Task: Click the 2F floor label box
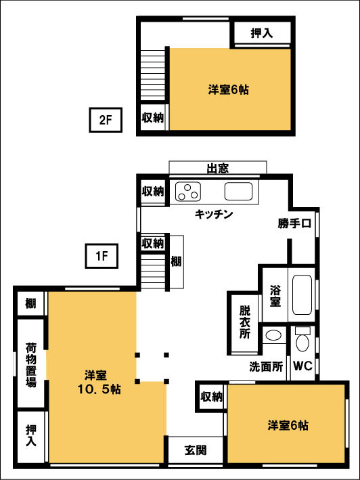click(106, 121)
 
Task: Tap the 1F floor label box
click(101, 256)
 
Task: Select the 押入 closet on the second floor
click(262, 32)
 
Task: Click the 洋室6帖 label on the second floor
click(228, 89)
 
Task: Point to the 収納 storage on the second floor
click(152, 117)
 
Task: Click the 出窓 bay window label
click(217, 168)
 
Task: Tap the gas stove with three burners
click(188, 192)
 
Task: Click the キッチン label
click(214, 215)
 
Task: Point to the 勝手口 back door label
click(294, 223)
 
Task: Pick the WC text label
click(301, 367)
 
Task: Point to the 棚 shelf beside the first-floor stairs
click(176, 261)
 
